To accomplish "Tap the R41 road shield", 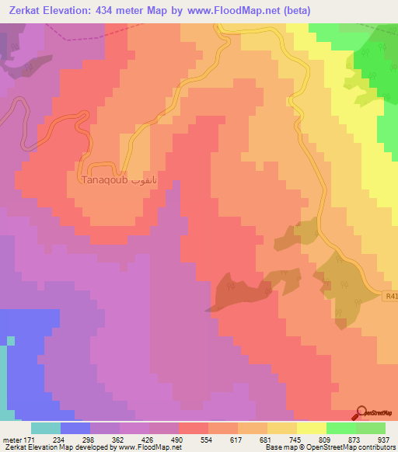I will [390, 294].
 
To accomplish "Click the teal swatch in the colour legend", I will [46, 428].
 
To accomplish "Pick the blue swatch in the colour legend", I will [75, 428].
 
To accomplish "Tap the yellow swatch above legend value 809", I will [312, 428].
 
